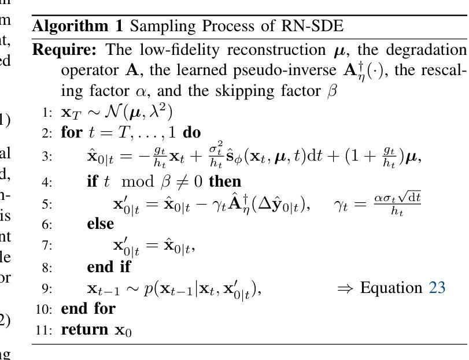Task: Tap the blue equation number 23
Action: click(437, 287)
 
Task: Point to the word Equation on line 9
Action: click(391, 287)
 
